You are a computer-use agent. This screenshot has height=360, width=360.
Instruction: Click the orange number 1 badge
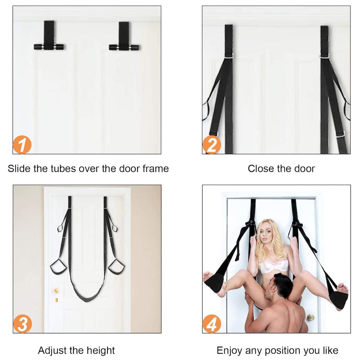[x=22, y=144]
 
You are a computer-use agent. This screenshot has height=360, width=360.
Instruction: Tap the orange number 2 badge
[x=212, y=145]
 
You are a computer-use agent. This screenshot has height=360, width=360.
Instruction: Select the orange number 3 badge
[x=22, y=324]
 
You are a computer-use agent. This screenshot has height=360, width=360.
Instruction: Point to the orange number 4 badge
[x=212, y=324]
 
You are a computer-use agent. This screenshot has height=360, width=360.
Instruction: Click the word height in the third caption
[x=100, y=351]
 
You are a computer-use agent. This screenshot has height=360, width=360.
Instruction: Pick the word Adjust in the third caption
[x=53, y=351]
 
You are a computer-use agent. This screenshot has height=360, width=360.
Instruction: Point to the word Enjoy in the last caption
[x=229, y=351]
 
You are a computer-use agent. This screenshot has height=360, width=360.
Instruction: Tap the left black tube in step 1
[x=49, y=47]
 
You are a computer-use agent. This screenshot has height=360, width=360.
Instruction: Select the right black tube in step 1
[x=124, y=47]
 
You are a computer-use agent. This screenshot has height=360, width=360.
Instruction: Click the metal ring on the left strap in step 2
[x=229, y=56]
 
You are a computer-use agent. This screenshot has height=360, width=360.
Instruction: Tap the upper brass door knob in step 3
[x=57, y=291]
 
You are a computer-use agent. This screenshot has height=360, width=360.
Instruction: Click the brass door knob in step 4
[x=310, y=317]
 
